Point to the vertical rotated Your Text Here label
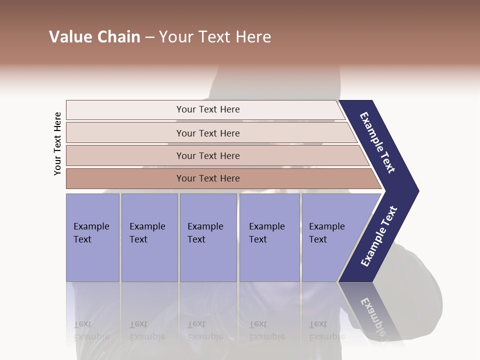click(x=57, y=143)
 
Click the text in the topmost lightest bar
click(x=208, y=109)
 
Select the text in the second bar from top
click(x=208, y=133)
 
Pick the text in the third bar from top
click(x=208, y=156)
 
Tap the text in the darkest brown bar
click(x=208, y=178)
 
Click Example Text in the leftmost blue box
click(x=91, y=233)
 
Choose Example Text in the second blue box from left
click(x=147, y=233)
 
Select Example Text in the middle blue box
click(x=205, y=233)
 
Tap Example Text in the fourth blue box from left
click(x=266, y=233)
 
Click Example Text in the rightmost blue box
click(x=326, y=233)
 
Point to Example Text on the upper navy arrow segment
click(x=377, y=142)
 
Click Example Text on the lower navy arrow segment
click(x=379, y=236)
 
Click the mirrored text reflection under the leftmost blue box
click(x=91, y=330)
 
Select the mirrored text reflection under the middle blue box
click(x=205, y=330)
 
